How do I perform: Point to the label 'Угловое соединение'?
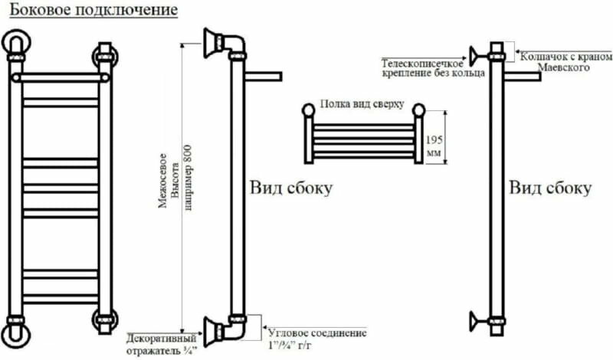[x=317, y=333]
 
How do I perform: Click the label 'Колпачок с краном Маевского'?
[x=565, y=62]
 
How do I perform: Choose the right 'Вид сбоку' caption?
[x=551, y=188]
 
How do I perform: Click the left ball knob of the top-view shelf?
[x=308, y=110]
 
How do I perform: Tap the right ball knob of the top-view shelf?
[x=418, y=110]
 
